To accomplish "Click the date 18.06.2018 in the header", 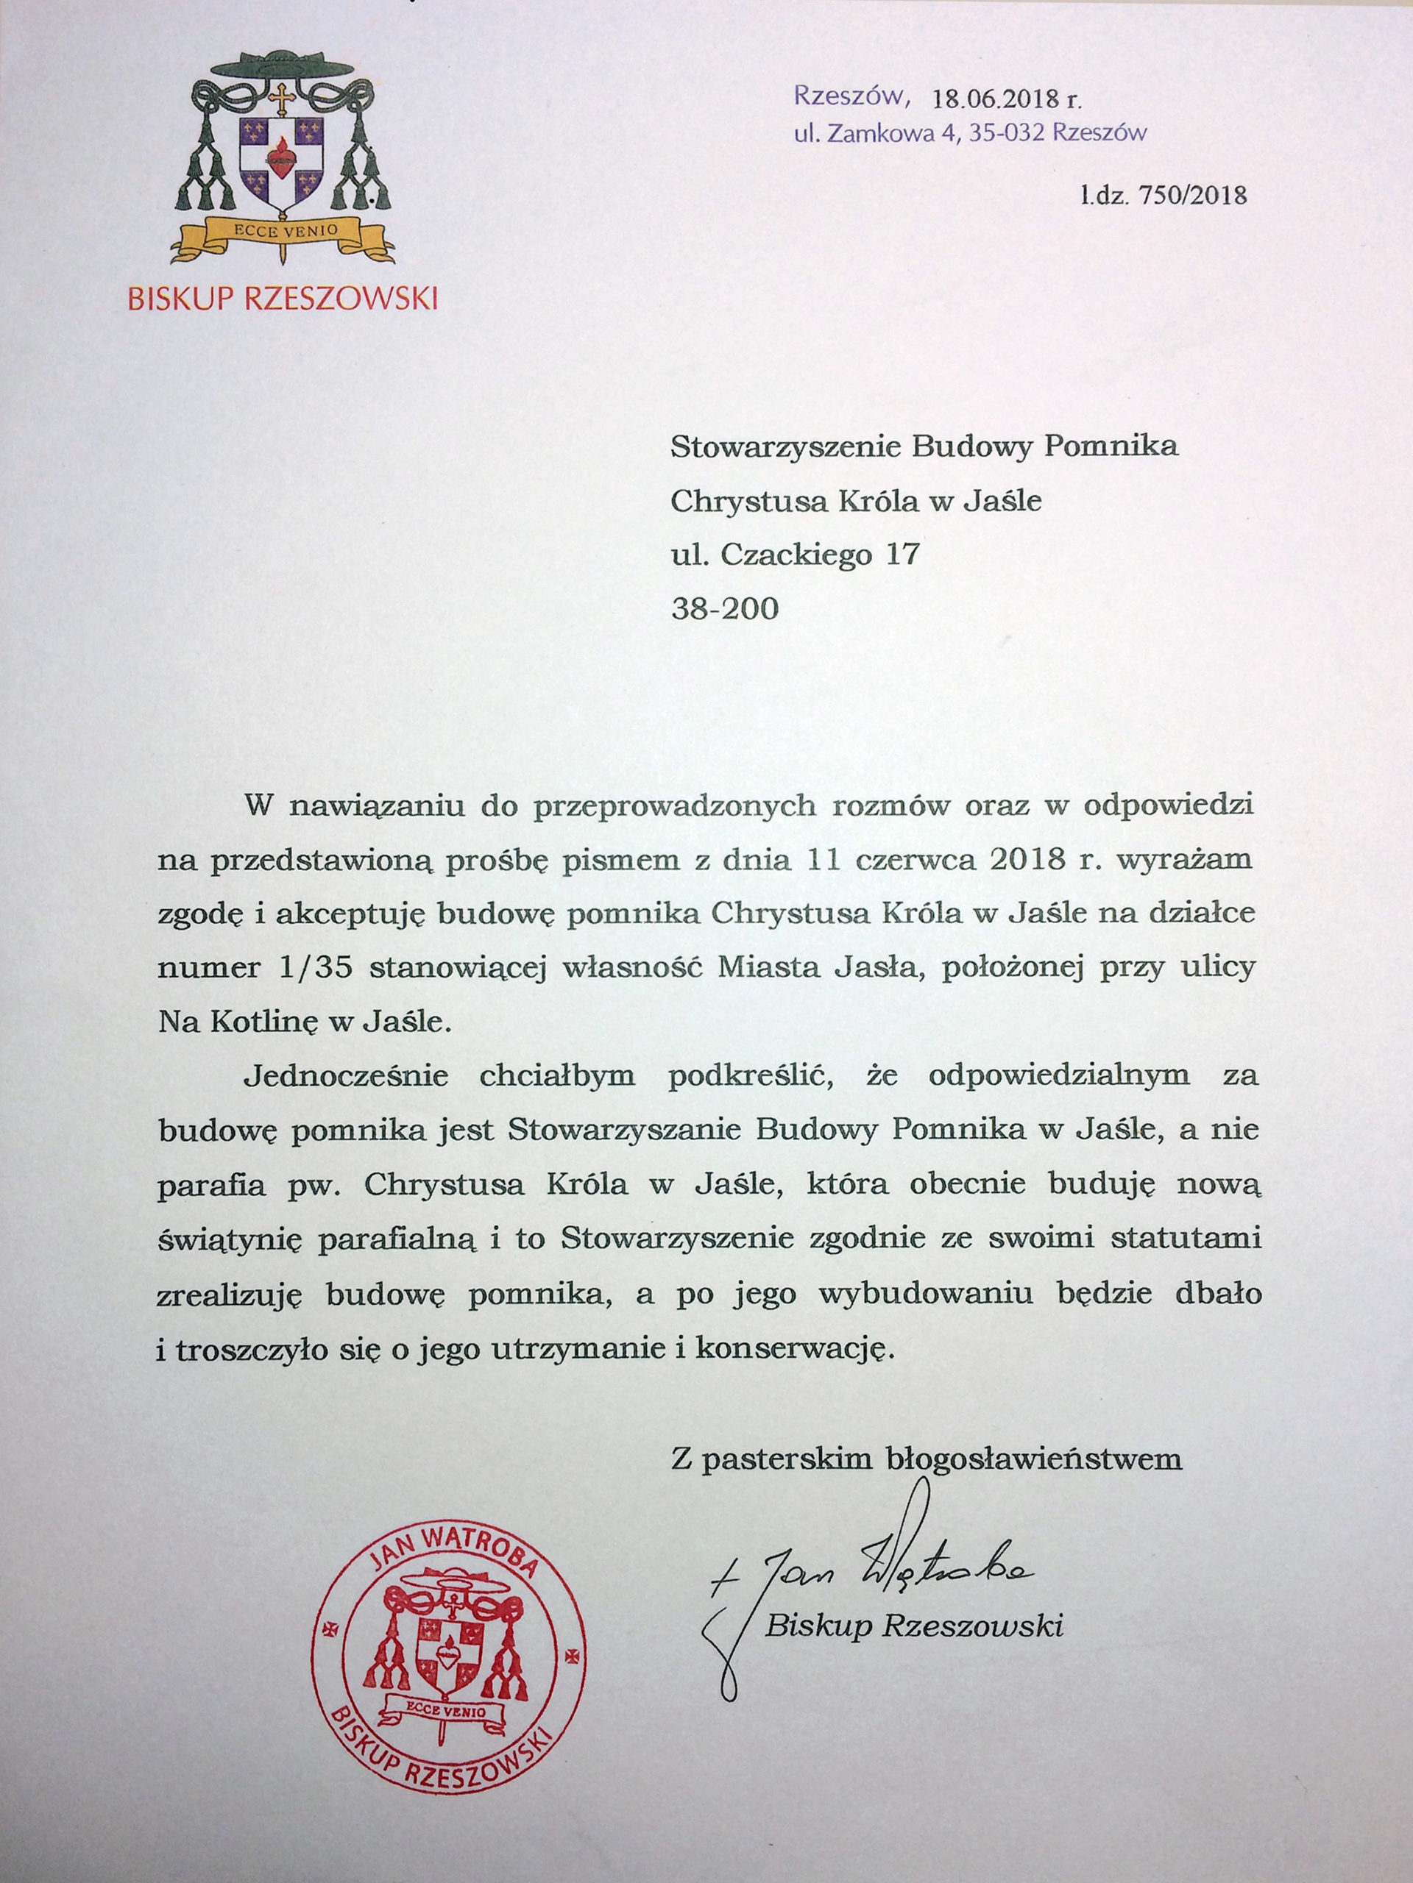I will click(995, 99).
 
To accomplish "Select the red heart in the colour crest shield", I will click(280, 158).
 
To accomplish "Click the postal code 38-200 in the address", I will click(724, 608).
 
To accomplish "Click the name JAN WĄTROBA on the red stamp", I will click(455, 1559).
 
